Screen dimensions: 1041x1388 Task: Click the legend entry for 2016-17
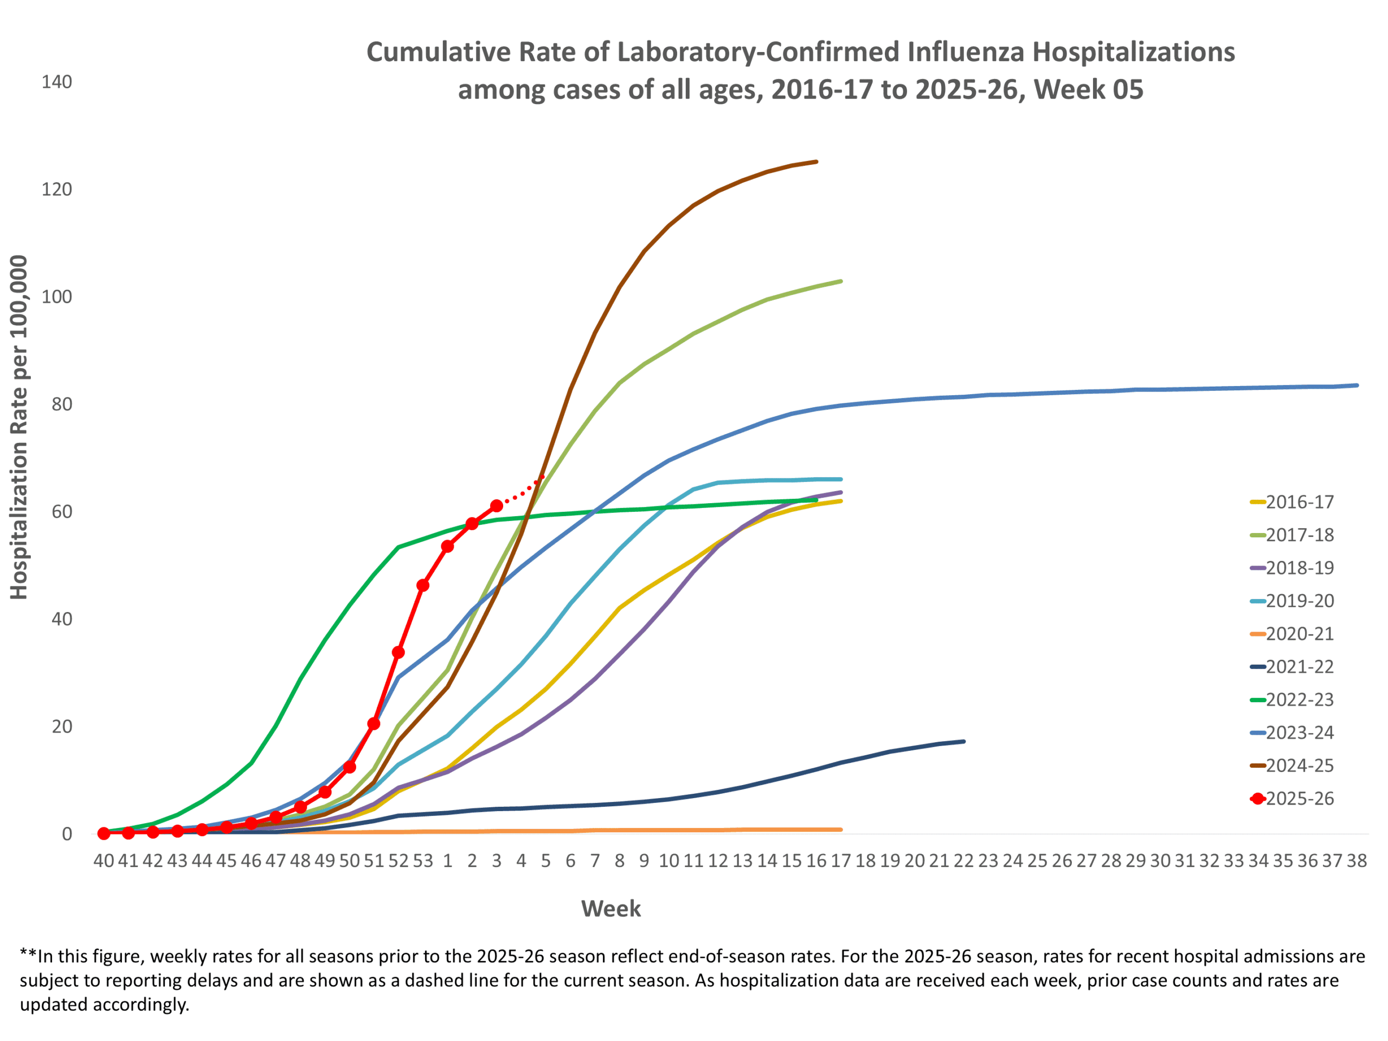(x=1299, y=502)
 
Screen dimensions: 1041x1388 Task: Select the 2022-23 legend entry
(x=1299, y=699)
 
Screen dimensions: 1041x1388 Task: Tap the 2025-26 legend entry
(x=1299, y=799)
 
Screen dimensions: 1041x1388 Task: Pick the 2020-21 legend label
(x=1299, y=634)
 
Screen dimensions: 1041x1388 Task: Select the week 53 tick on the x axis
(x=423, y=861)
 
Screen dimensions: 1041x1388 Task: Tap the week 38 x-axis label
(x=1357, y=861)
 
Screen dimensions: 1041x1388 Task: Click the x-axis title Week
(x=611, y=909)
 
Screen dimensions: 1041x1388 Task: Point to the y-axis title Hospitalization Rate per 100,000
(x=19, y=427)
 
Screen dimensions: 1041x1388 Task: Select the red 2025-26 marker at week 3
(x=496, y=506)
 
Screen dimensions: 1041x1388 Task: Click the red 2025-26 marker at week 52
(x=398, y=653)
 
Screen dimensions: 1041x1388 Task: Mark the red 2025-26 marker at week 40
(x=104, y=833)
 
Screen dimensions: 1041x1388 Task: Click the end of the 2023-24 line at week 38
(x=1357, y=385)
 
